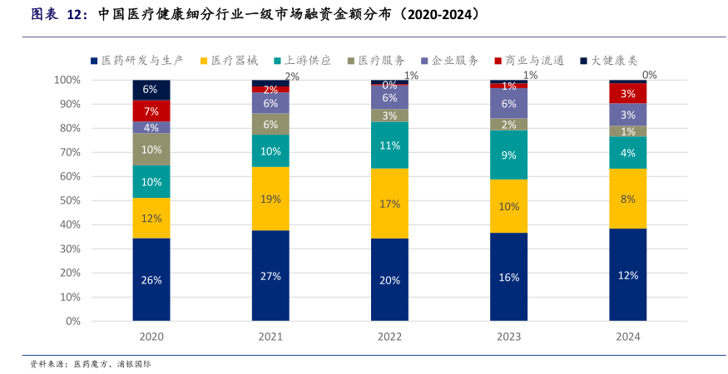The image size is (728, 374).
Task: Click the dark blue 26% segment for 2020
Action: (x=151, y=279)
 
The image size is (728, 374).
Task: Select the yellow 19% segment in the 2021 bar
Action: (x=270, y=199)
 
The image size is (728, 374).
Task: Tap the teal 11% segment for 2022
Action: (x=389, y=145)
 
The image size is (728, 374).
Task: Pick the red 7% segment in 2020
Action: (x=151, y=111)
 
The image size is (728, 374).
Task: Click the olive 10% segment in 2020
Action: (x=151, y=150)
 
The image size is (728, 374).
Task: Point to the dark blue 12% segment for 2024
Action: (x=627, y=275)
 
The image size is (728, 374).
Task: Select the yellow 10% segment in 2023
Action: (x=508, y=206)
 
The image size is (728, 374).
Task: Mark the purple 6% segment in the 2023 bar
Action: (x=508, y=103)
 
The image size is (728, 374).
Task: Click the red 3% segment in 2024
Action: (x=627, y=94)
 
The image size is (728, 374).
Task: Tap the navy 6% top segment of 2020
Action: (x=151, y=89)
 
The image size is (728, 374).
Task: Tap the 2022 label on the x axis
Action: (x=389, y=337)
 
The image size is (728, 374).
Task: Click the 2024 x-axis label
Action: (x=627, y=337)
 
